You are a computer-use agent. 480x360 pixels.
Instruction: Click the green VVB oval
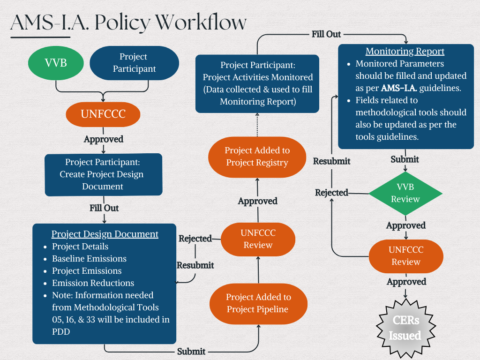pyautogui.click(x=56, y=63)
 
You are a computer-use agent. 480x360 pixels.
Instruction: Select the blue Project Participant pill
pyautogui.click(x=134, y=63)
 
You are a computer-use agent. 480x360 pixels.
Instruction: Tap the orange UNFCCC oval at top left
pyautogui.click(x=103, y=114)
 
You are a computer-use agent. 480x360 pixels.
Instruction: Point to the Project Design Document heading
pyautogui.click(x=105, y=234)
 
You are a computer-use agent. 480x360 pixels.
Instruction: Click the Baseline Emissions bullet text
pyautogui.click(x=89, y=259)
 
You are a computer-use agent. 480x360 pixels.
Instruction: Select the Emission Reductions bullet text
pyautogui.click(x=93, y=283)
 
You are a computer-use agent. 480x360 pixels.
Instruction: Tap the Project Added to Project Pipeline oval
pyautogui.click(x=258, y=303)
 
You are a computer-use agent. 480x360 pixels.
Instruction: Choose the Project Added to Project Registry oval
pyautogui.click(x=257, y=157)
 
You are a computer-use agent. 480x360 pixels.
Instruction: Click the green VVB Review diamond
pyautogui.click(x=405, y=193)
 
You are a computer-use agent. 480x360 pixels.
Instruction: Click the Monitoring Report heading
pyautogui.click(x=405, y=52)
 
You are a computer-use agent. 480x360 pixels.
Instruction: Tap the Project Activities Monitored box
pyautogui.click(x=257, y=83)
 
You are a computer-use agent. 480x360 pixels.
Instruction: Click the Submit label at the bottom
pyautogui.click(x=191, y=351)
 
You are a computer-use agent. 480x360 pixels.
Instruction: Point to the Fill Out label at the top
pyautogui.click(x=326, y=34)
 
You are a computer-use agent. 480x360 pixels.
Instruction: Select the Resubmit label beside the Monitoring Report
pyautogui.click(x=332, y=161)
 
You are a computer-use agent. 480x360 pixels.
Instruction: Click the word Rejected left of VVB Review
pyautogui.click(x=331, y=193)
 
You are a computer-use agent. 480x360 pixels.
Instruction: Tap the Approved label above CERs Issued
pyautogui.click(x=406, y=282)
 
